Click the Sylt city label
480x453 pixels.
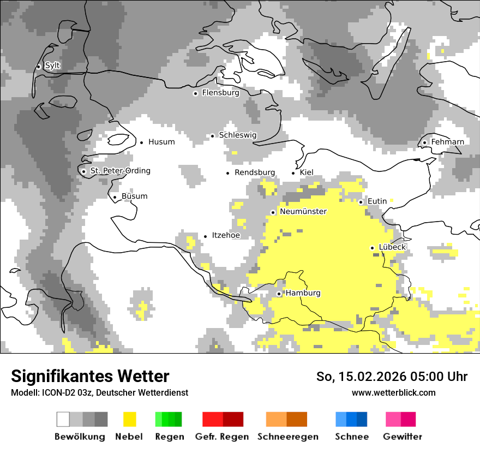tap(52, 65)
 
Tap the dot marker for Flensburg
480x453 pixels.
tap(195, 93)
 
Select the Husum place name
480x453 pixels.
tap(161, 142)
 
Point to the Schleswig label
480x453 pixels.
tap(237, 135)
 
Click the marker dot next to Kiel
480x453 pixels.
tap(293, 173)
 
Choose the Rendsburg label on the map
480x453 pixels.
tap(254, 172)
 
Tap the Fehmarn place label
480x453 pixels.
tap(447, 142)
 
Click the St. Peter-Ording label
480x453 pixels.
tap(120, 171)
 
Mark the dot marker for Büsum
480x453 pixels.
tap(115, 198)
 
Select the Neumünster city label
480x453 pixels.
tap(303, 211)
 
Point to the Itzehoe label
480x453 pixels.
tap(226, 235)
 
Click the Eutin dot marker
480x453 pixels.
tap(361, 202)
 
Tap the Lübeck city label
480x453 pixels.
tap(392, 247)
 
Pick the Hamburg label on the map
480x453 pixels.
tap(303, 293)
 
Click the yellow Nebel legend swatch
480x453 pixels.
tap(130, 419)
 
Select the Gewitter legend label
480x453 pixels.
tap(402, 437)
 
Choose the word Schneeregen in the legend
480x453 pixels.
tap(287, 437)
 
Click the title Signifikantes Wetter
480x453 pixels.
tap(90, 376)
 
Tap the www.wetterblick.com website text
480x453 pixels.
tap(393, 392)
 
